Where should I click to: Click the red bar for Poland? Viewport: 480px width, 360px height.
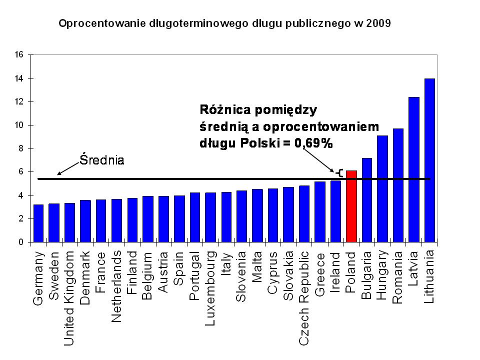pyautogui.click(x=351, y=206)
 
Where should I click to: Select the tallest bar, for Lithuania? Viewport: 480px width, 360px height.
pyautogui.click(x=429, y=160)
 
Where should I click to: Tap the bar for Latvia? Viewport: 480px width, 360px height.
pyautogui.click(x=413, y=169)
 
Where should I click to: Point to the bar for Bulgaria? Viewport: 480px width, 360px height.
pyautogui.click(x=367, y=200)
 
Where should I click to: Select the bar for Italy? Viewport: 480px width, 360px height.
pyautogui.click(x=226, y=217)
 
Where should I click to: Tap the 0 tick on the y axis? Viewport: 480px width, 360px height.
pyautogui.click(x=21, y=242)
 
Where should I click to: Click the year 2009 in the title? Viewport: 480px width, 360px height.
pyautogui.click(x=378, y=22)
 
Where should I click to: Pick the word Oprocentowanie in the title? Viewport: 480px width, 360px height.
pyautogui.click(x=95, y=22)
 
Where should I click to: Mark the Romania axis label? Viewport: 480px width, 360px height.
pyautogui.click(x=398, y=277)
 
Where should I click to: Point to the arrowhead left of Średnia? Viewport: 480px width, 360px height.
pyautogui.click(x=59, y=173)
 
